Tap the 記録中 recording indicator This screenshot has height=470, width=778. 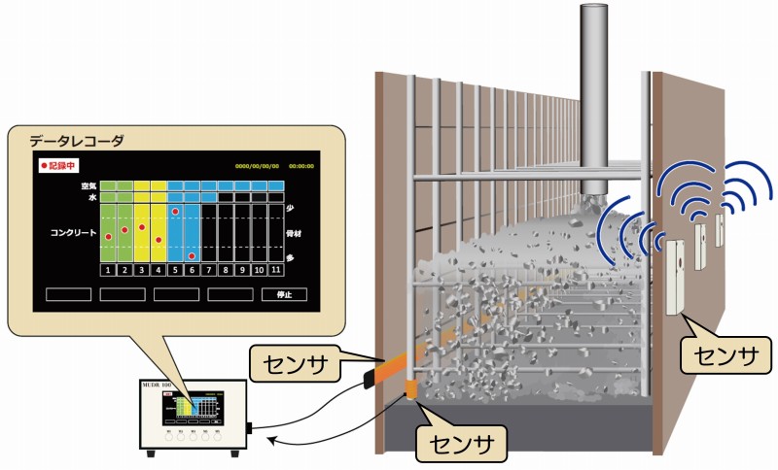[59, 165]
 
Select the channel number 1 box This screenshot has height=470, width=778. [108, 269]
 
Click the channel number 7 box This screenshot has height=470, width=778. [208, 269]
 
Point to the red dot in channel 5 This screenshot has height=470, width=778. [175, 211]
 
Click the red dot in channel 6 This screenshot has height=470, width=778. [192, 255]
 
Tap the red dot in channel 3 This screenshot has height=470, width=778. [142, 227]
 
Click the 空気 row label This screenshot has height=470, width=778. [88, 185]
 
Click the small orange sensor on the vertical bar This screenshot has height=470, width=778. [410, 390]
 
